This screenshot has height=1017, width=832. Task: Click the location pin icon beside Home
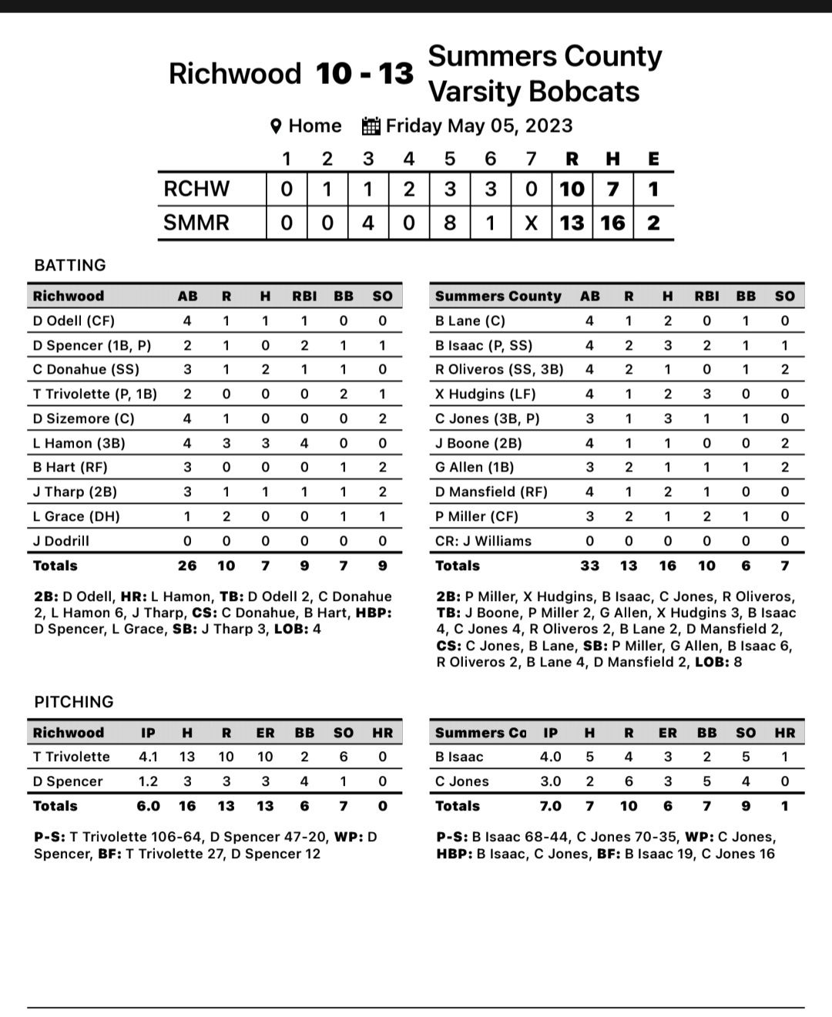click(277, 126)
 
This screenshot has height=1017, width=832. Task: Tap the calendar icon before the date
click(371, 126)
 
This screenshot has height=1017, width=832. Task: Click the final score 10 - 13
click(364, 74)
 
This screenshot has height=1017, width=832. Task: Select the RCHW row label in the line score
click(196, 189)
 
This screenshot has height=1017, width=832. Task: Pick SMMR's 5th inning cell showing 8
click(450, 223)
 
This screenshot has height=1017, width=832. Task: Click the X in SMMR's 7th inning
click(531, 223)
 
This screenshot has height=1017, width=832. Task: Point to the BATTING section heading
click(70, 265)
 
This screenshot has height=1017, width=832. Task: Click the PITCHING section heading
click(74, 702)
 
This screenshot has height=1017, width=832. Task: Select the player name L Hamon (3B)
click(79, 443)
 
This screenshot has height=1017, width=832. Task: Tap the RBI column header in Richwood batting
click(304, 296)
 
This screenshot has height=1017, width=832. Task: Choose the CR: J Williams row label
click(483, 541)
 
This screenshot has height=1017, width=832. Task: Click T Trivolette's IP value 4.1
click(148, 757)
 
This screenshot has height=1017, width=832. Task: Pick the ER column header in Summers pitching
click(668, 733)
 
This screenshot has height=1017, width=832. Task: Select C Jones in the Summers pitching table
click(462, 781)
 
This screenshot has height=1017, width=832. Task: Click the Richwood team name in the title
click(234, 74)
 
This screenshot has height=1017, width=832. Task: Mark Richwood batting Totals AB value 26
click(187, 566)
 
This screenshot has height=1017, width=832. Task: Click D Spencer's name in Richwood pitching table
click(68, 781)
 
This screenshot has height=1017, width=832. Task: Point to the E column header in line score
click(653, 159)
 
